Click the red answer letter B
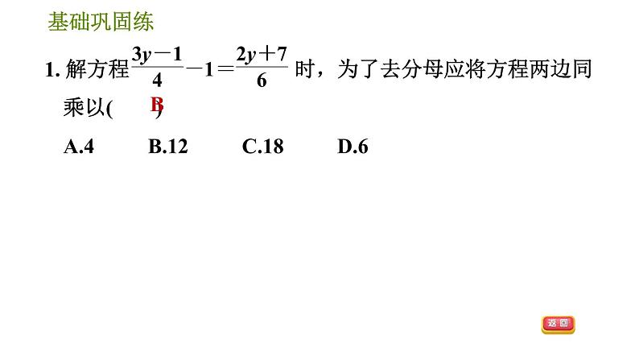click(157, 105)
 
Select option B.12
click(168, 147)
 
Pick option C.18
click(262, 147)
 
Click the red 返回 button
click(559, 324)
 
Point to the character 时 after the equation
click(304, 71)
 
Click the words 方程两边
click(526, 71)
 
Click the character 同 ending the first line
click(583, 71)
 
